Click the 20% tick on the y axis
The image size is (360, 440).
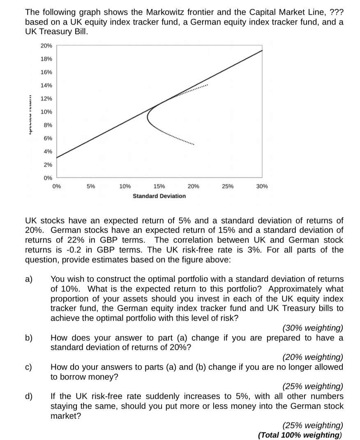pos(46,46)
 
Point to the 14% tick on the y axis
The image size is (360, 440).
pos(46,86)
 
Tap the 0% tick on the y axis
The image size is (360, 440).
pos(47,178)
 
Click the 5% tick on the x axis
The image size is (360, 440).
pos(91,186)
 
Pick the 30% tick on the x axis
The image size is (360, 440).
pos(262,186)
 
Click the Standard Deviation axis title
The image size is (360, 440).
pos(159,196)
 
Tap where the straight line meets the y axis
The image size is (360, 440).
pos(57,157)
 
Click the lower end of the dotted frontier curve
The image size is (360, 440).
pos(194,145)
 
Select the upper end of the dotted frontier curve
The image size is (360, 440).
pos(208,85)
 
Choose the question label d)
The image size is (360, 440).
pos(29,397)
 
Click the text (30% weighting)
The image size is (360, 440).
pos(313,328)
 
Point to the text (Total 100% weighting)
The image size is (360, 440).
pos(300,435)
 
